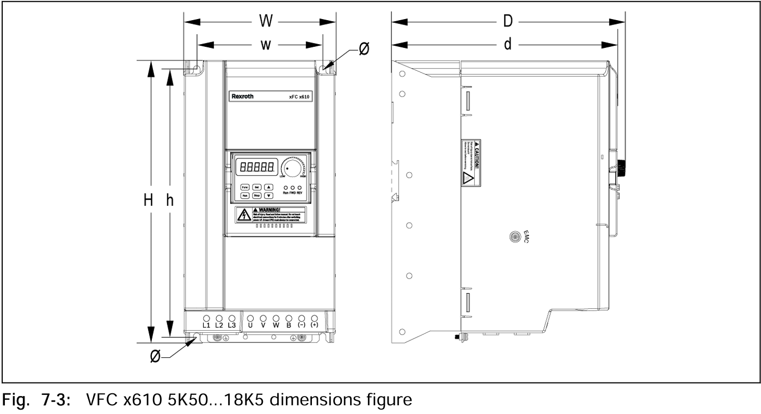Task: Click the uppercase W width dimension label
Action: coord(266,22)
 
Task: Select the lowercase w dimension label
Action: coord(266,45)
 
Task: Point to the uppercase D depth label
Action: coord(507,22)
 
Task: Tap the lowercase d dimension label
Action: coord(507,45)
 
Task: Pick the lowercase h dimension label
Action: coord(170,200)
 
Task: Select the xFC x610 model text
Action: coord(299,97)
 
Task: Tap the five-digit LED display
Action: coord(256,166)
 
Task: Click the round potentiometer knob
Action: coord(293,169)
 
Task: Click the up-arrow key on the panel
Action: coord(268,186)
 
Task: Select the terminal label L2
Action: coord(219,325)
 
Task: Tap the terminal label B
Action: coord(289,325)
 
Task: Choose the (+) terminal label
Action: coord(314,325)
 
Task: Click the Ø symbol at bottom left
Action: coord(155,357)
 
